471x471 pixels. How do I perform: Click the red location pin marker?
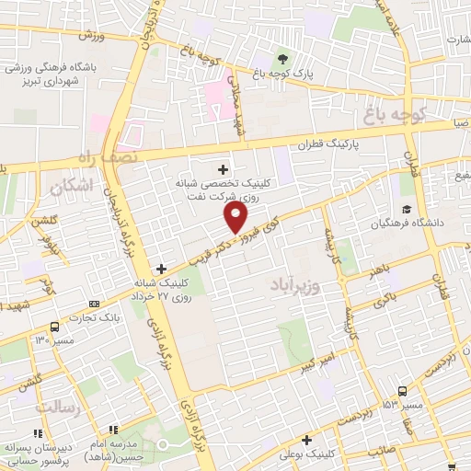click(236, 217)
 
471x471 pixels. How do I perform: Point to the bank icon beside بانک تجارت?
click(94, 304)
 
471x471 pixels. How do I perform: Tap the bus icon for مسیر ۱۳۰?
click(54, 326)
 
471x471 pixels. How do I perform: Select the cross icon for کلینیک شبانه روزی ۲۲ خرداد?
click(161, 269)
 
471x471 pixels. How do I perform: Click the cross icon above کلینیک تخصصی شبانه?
click(224, 169)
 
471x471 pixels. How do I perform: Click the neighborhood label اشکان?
click(73, 186)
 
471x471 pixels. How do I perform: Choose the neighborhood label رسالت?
click(57, 406)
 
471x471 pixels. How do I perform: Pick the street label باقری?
click(382, 296)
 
